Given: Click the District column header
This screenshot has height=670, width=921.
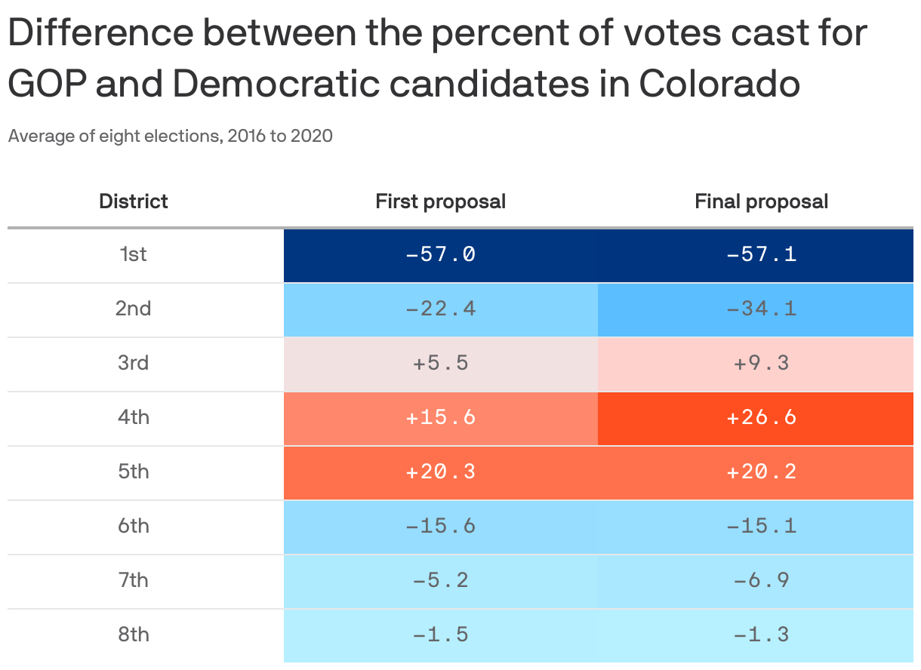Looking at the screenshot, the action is tap(133, 201).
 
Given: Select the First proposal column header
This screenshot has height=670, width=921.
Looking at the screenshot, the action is tap(440, 201).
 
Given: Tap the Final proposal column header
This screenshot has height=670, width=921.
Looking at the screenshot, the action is tap(761, 201).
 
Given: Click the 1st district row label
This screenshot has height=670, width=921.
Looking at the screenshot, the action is tap(133, 254).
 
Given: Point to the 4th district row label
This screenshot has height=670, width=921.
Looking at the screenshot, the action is tap(133, 417).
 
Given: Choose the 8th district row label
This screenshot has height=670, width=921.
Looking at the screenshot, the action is tap(133, 635).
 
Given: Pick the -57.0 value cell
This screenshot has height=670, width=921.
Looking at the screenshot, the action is tap(441, 255).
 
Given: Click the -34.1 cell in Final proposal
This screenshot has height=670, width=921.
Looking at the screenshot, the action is tap(756, 309).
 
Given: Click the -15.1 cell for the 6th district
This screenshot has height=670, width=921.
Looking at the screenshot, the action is tap(756, 527).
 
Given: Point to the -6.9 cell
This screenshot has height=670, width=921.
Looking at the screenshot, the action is tap(756, 581).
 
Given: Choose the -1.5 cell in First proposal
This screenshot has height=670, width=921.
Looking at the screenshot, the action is tap(441, 635).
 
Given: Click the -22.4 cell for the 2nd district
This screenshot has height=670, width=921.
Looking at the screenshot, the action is tap(441, 309).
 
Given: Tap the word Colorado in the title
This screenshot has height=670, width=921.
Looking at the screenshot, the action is tap(719, 84).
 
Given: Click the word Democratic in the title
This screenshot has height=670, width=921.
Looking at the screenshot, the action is tap(276, 84).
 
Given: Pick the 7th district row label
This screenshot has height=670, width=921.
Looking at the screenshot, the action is tap(133, 580).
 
